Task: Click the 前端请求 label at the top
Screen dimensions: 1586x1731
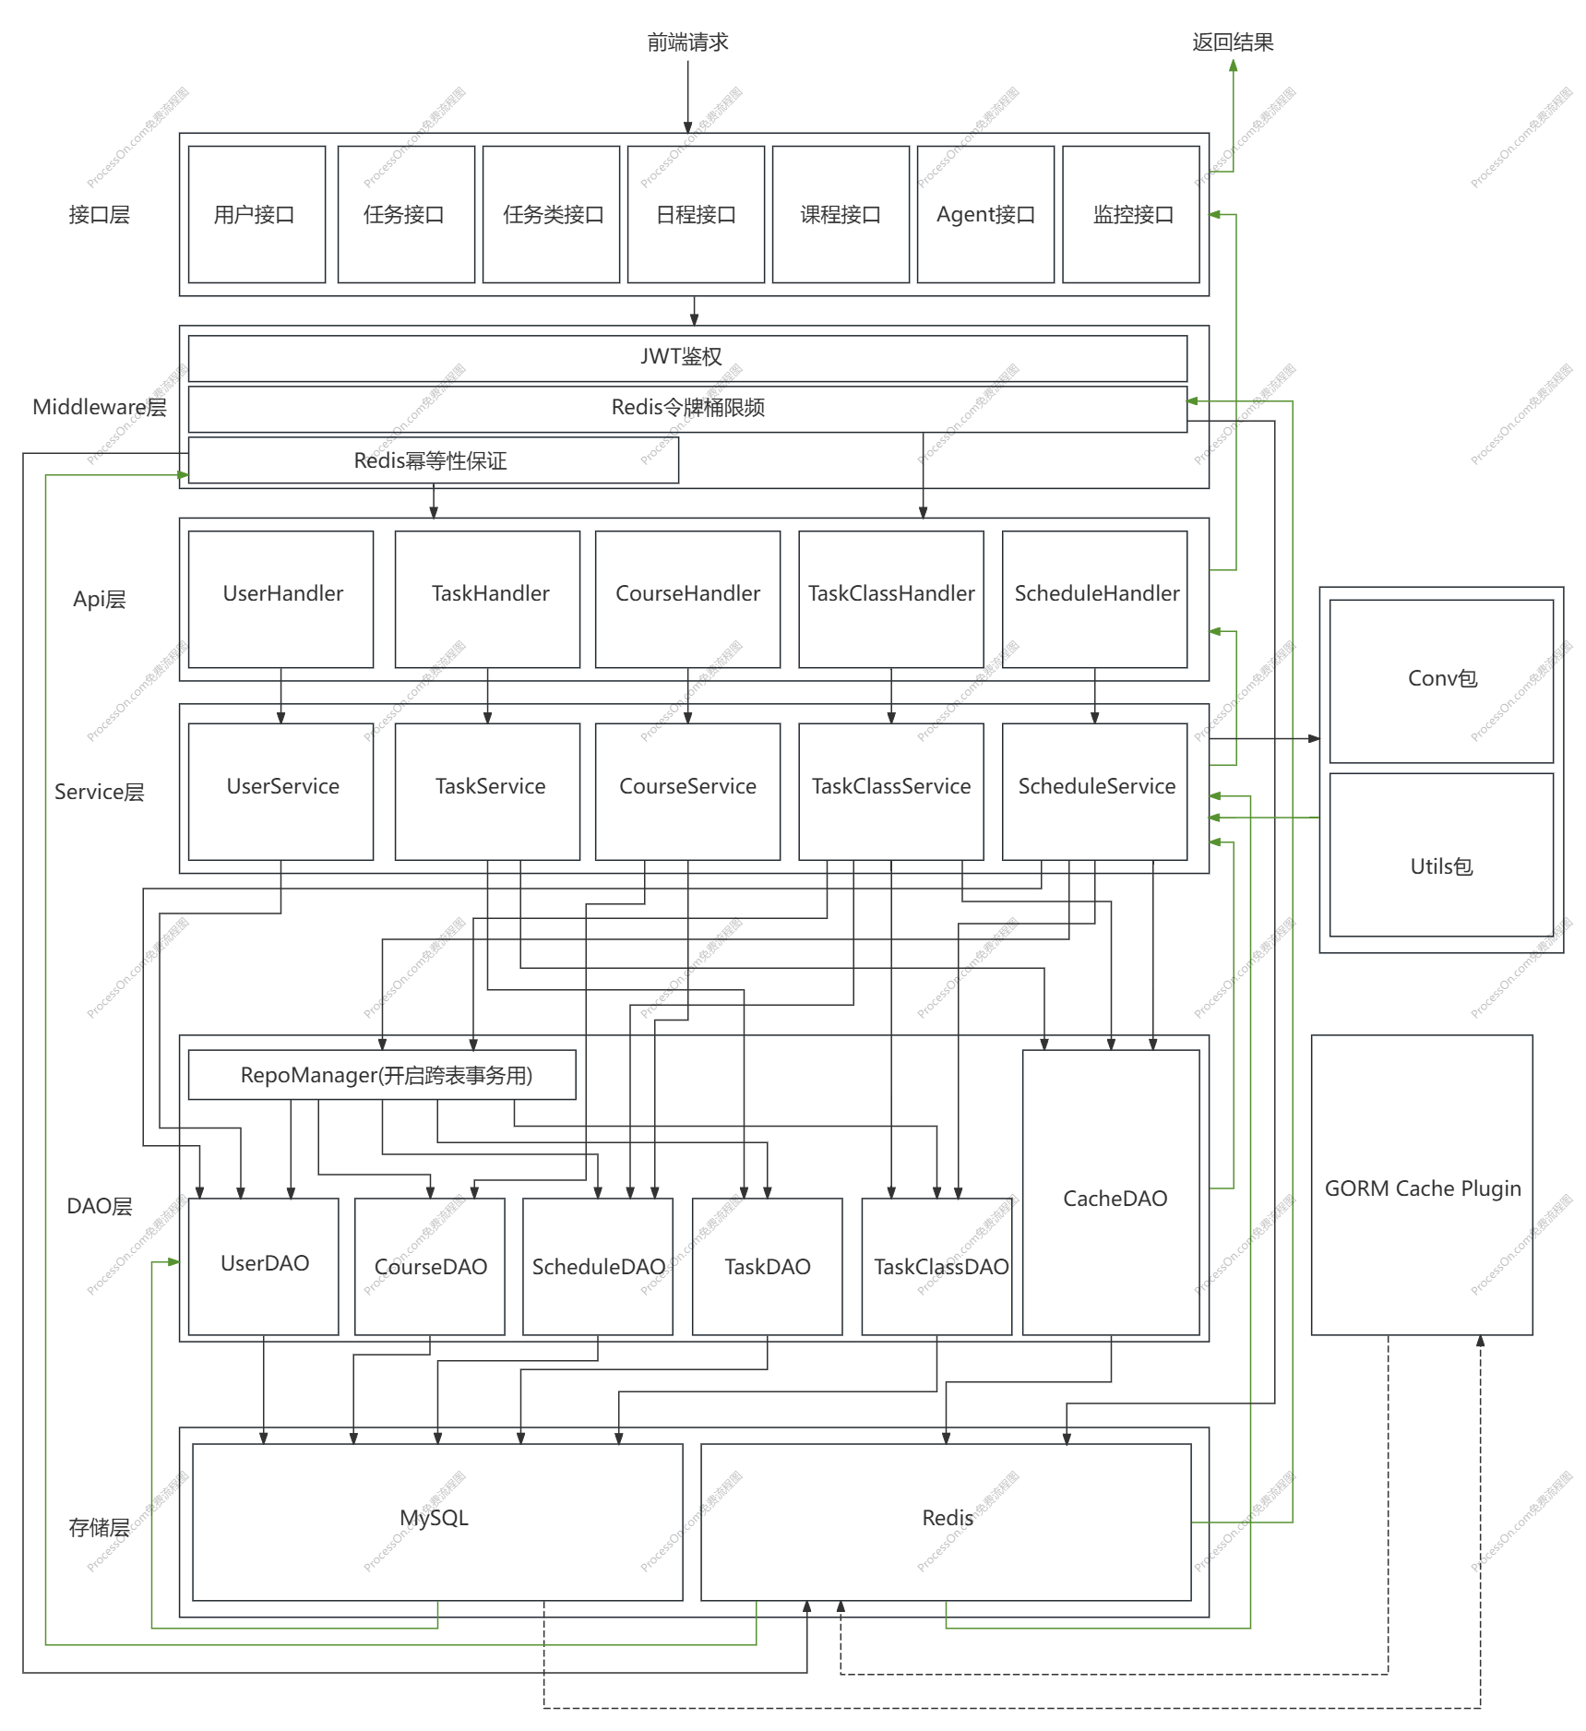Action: [687, 42]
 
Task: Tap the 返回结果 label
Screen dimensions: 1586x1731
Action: [1233, 42]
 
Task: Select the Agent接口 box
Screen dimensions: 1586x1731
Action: [985, 214]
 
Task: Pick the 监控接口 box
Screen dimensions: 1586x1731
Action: [1131, 214]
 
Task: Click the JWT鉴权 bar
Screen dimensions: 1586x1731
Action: [687, 358]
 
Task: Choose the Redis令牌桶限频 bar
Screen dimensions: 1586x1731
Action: [687, 409]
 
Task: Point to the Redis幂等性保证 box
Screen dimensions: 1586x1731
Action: [434, 460]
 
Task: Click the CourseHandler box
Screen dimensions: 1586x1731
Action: [687, 599]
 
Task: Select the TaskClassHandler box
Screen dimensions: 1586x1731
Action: [891, 599]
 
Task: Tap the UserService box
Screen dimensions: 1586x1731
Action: [280, 792]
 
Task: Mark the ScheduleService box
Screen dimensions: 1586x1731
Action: [1095, 792]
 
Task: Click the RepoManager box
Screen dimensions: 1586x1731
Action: [382, 1075]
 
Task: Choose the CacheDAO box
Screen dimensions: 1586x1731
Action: [1111, 1192]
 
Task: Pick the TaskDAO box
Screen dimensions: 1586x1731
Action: [768, 1267]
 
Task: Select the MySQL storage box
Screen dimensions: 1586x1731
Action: [437, 1522]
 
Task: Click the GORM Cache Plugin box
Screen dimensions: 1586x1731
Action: [1422, 1185]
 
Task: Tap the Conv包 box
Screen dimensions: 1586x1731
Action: [1441, 681]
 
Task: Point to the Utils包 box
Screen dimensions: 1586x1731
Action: [1441, 854]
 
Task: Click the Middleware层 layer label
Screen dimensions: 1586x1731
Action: [100, 407]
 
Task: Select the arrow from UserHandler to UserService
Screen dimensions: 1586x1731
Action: [281, 696]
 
